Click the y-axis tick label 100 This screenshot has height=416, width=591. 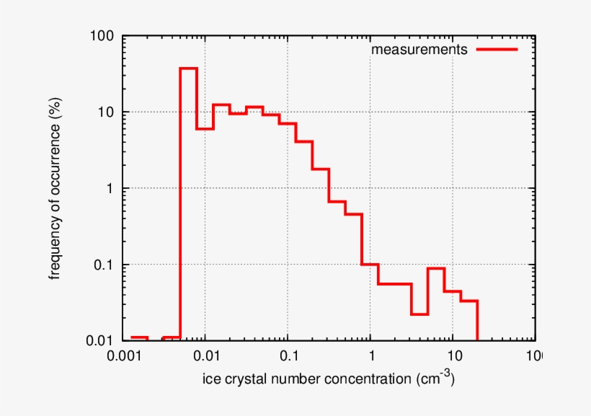tap(104, 35)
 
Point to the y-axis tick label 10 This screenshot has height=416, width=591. tap(108, 112)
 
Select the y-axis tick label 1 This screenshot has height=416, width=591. tap(113, 188)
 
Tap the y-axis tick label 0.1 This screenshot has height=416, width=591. tap(107, 265)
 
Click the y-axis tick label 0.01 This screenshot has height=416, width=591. tap(104, 340)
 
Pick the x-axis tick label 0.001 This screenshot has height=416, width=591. tap(123, 356)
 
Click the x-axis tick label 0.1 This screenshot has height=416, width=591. tap(288, 356)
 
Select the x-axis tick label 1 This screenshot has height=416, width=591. tap(370, 356)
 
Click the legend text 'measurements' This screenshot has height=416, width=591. tap(419, 50)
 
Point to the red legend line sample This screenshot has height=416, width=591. tap(497, 50)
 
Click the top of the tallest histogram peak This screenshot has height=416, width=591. tap(189, 68)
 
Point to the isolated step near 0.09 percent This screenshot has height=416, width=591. tap(436, 268)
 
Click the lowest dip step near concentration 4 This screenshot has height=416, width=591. tap(419, 314)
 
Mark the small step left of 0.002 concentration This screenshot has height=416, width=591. tap(139, 337)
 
